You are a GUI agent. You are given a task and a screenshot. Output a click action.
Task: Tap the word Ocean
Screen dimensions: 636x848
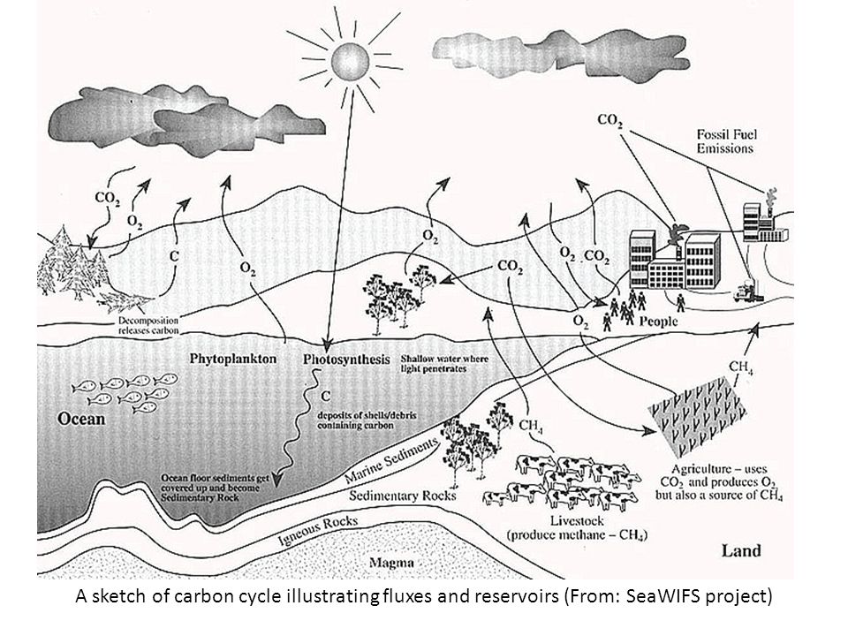[x=82, y=419]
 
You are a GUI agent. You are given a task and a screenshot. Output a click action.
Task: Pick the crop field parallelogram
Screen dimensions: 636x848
[x=698, y=416]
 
